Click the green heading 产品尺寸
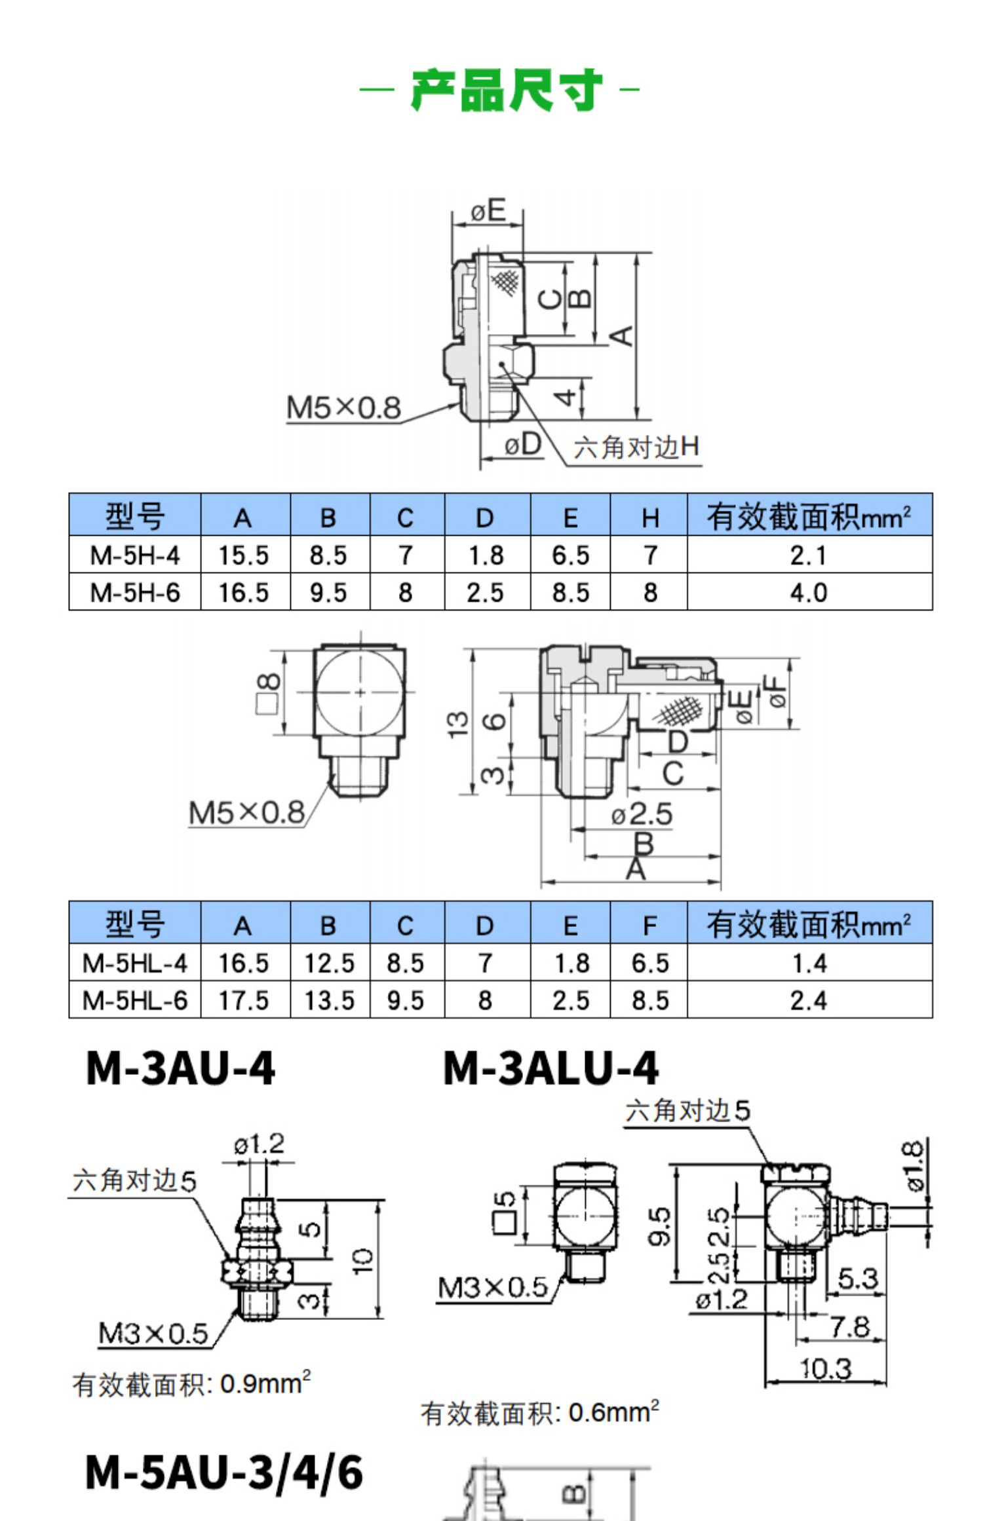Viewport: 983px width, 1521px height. click(x=505, y=89)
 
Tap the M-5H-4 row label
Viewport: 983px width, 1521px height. click(x=134, y=555)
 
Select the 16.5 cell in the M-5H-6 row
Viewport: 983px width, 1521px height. click(x=244, y=593)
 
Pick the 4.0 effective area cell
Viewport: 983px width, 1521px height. click(x=809, y=593)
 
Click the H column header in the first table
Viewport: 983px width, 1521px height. click(x=649, y=518)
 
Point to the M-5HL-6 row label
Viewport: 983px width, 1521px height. click(x=134, y=1000)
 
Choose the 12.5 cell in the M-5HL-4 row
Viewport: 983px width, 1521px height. click(x=330, y=964)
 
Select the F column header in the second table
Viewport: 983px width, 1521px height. click(x=649, y=926)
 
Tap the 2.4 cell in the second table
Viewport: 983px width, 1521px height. click(x=809, y=1000)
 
